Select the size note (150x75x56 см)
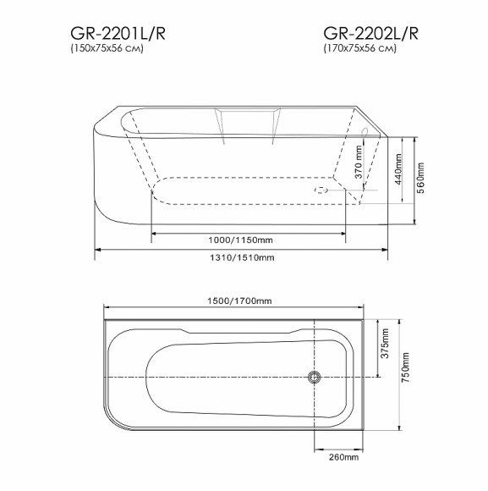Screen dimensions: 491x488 click(x=107, y=50)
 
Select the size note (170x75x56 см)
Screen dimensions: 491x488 click(x=359, y=50)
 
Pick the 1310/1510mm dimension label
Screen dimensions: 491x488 click(x=241, y=258)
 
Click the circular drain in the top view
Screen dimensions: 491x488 click(x=315, y=377)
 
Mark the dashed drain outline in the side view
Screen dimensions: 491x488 click(x=321, y=190)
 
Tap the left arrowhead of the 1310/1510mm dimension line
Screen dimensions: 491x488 click(x=96, y=251)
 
